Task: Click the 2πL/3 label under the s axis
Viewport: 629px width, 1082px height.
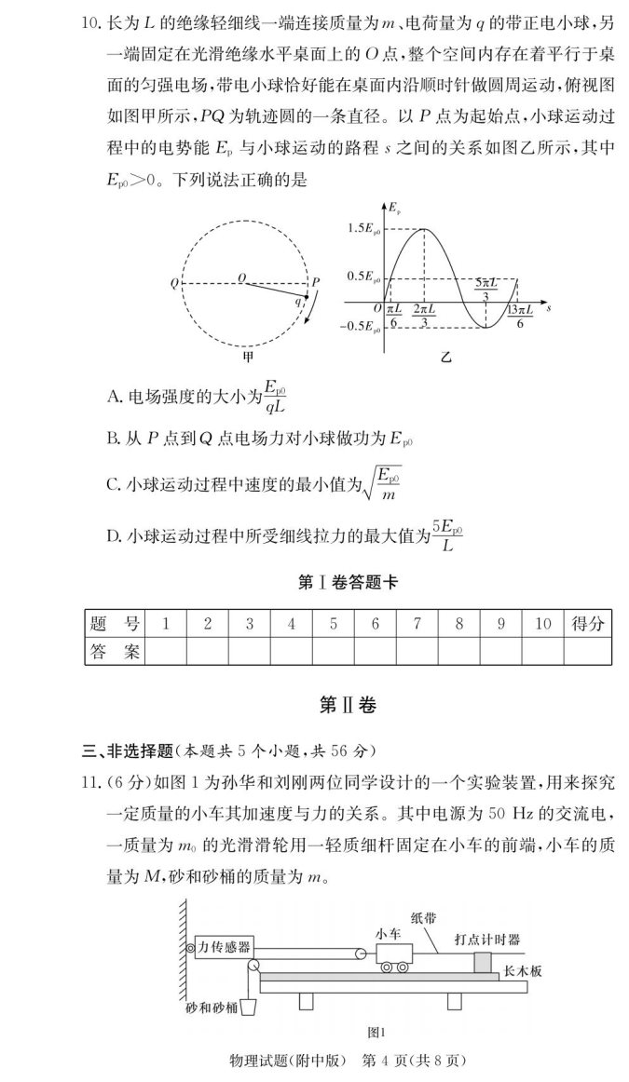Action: pyautogui.click(x=425, y=316)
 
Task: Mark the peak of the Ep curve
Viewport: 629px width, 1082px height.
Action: pyautogui.click(x=424, y=228)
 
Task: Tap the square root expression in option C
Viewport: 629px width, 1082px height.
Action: pyautogui.click(x=382, y=484)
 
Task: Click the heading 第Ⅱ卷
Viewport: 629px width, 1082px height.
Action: pyautogui.click(x=347, y=706)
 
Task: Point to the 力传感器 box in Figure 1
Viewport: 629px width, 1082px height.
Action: pyautogui.click(x=223, y=947)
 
